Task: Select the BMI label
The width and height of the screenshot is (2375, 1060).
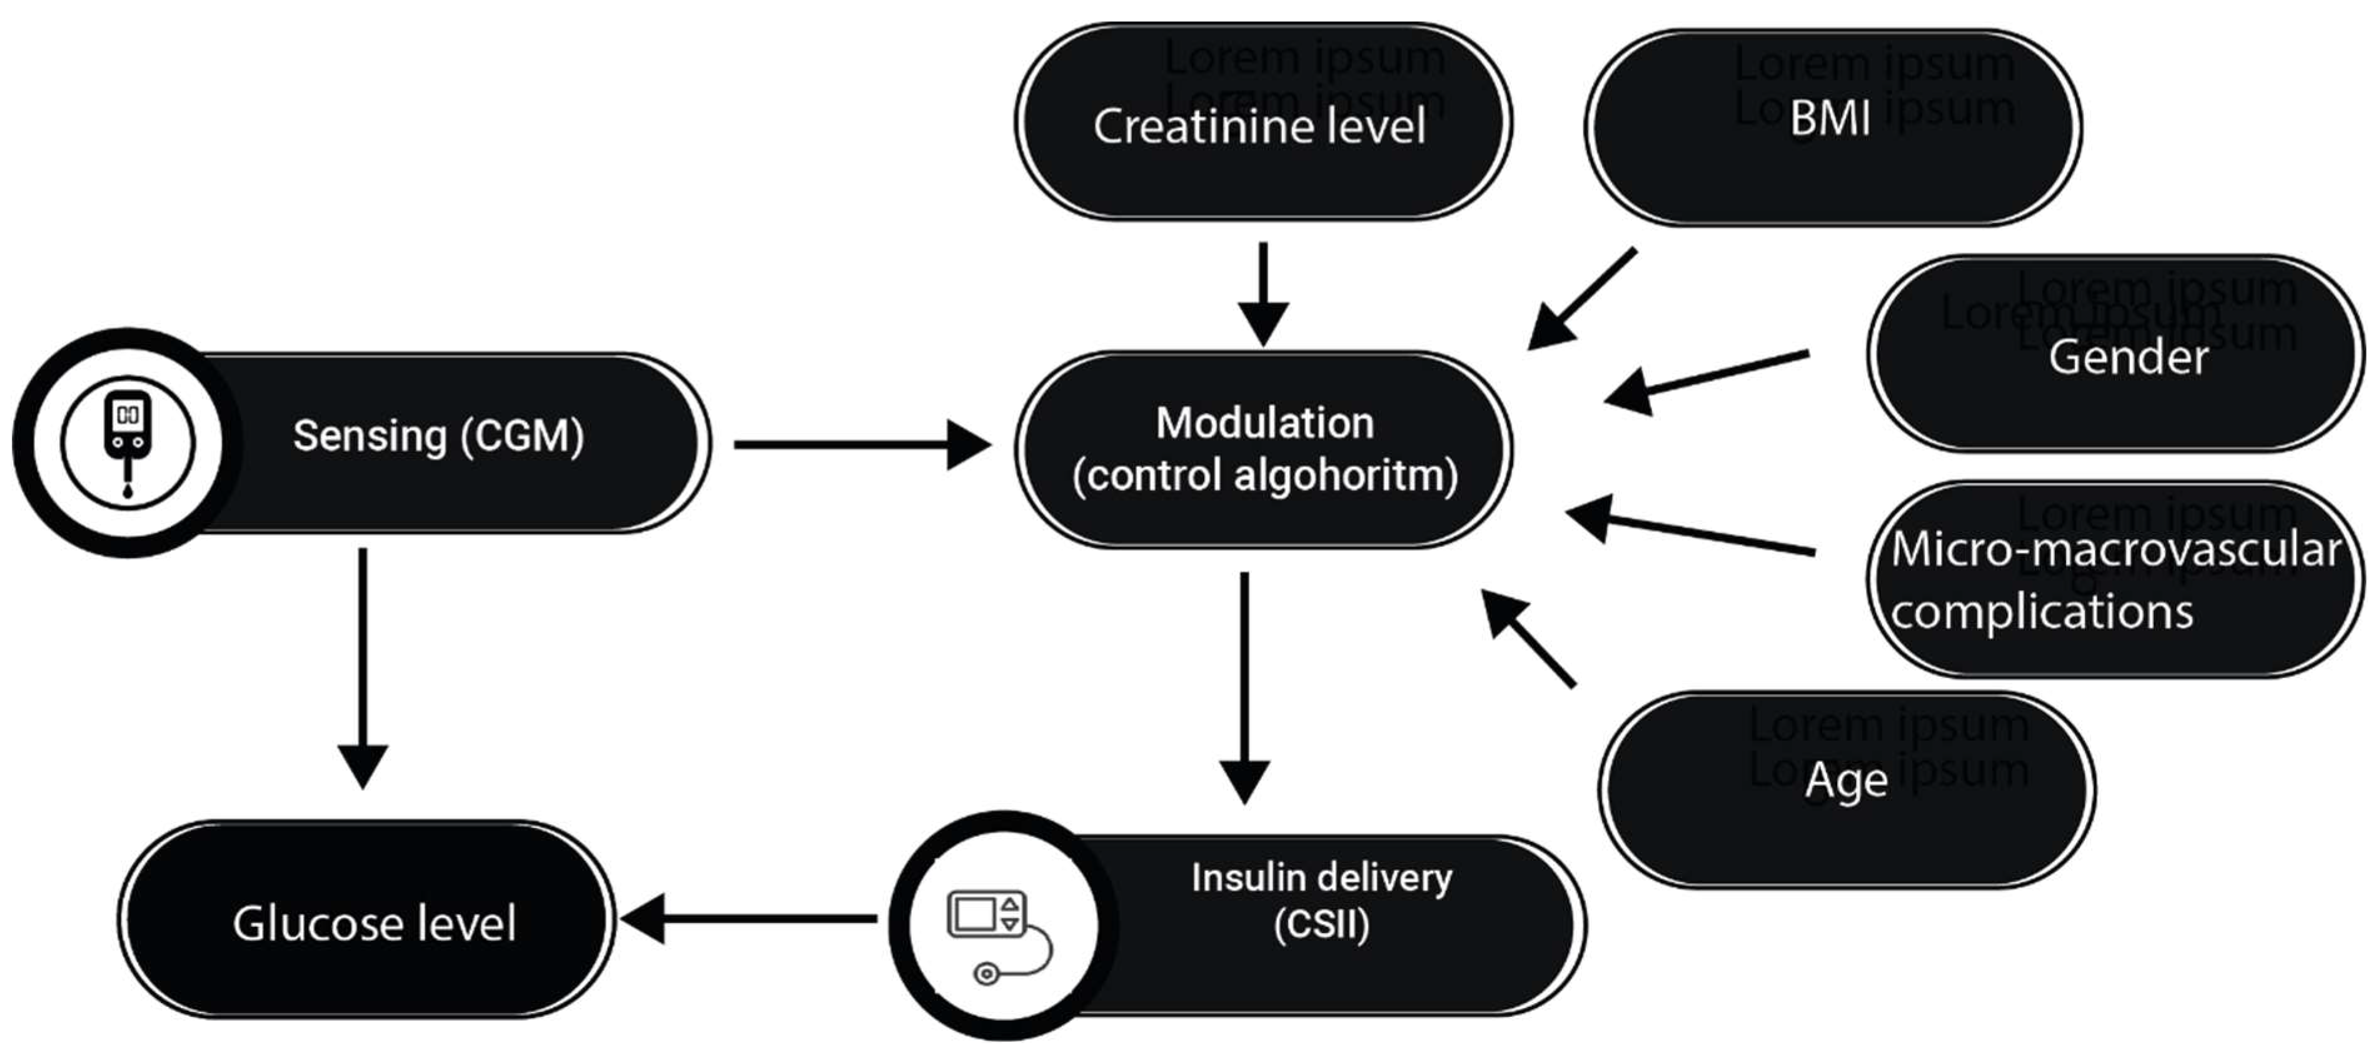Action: point(1830,119)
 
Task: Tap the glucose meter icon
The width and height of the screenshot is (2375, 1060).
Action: point(127,443)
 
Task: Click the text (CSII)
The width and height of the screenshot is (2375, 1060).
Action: point(1321,924)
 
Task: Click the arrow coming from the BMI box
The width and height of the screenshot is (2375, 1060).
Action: point(1581,299)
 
